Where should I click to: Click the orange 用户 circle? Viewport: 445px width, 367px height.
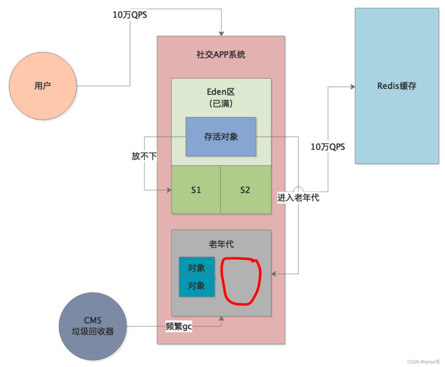point(43,86)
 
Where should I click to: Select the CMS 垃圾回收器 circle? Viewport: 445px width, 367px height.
point(93,326)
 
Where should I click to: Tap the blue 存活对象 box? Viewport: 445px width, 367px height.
point(221,137)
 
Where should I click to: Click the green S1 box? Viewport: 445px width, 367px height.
point(196,190)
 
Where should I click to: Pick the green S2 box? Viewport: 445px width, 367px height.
point(245,190)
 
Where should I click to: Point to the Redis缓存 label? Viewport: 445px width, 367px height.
point(396,86)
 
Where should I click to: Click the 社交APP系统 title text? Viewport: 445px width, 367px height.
point(221,55)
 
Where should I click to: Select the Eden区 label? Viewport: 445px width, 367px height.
point(221,92)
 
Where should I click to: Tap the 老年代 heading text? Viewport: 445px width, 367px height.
point(221,244)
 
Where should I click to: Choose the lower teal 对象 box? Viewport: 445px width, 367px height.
point(197,286)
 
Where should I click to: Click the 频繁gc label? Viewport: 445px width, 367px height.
point(179,326)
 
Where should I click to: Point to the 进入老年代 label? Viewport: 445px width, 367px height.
point(298,198)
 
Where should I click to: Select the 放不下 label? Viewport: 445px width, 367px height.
point(144,156)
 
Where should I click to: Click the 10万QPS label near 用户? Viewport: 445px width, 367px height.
point(130,15)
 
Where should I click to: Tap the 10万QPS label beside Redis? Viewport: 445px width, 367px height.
point(328,147)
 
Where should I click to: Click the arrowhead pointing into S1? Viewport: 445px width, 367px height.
point(169,190)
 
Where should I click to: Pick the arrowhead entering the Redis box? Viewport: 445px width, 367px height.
point(353,87)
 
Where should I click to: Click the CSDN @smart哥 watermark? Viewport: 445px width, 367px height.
point(424,362)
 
